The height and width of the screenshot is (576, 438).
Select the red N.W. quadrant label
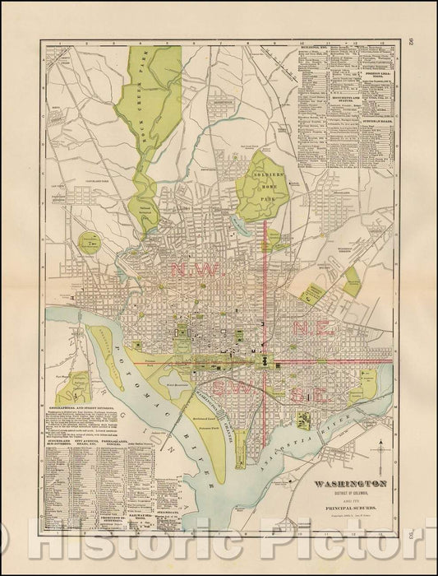(x=191, y=270)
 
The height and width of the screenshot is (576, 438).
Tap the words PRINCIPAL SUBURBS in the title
(x=345, y=522)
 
